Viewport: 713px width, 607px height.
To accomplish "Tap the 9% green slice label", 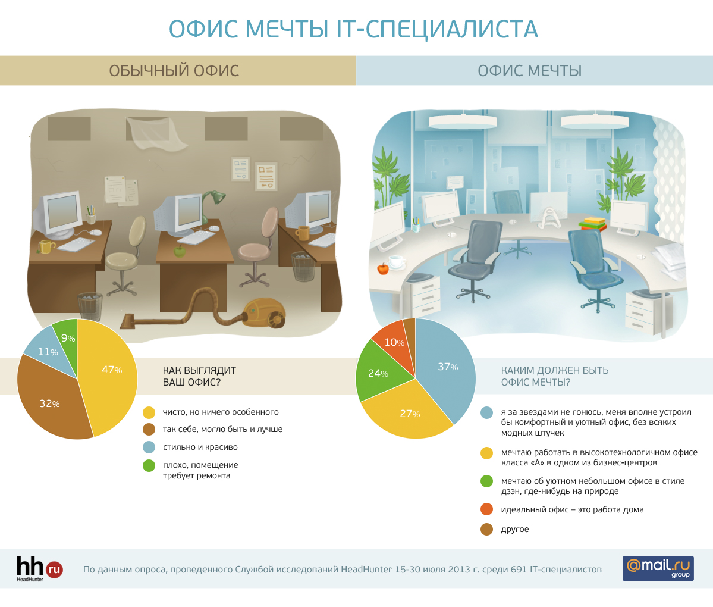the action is click(68, 338).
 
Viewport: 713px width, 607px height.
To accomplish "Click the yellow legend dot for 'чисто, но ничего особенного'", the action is click(149, 412).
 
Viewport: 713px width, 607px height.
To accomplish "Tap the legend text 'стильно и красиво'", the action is click(200, 448).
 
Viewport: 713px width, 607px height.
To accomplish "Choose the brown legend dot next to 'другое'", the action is click(486, 529).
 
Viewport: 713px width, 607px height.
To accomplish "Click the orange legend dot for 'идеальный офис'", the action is click(486, 509).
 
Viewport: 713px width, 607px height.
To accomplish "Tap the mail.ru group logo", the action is click(658, 568).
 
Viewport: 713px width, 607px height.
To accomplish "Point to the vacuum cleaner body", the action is click(264, 313).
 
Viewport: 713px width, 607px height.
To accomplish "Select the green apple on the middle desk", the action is click(180, 251).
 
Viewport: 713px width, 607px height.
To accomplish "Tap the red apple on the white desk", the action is click(383, 268).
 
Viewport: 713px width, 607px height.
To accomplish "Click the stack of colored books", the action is click(592, 224).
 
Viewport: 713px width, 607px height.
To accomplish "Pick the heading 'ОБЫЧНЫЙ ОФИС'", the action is click(174, 71).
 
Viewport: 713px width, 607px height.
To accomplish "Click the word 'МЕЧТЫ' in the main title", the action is click(287, 29).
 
